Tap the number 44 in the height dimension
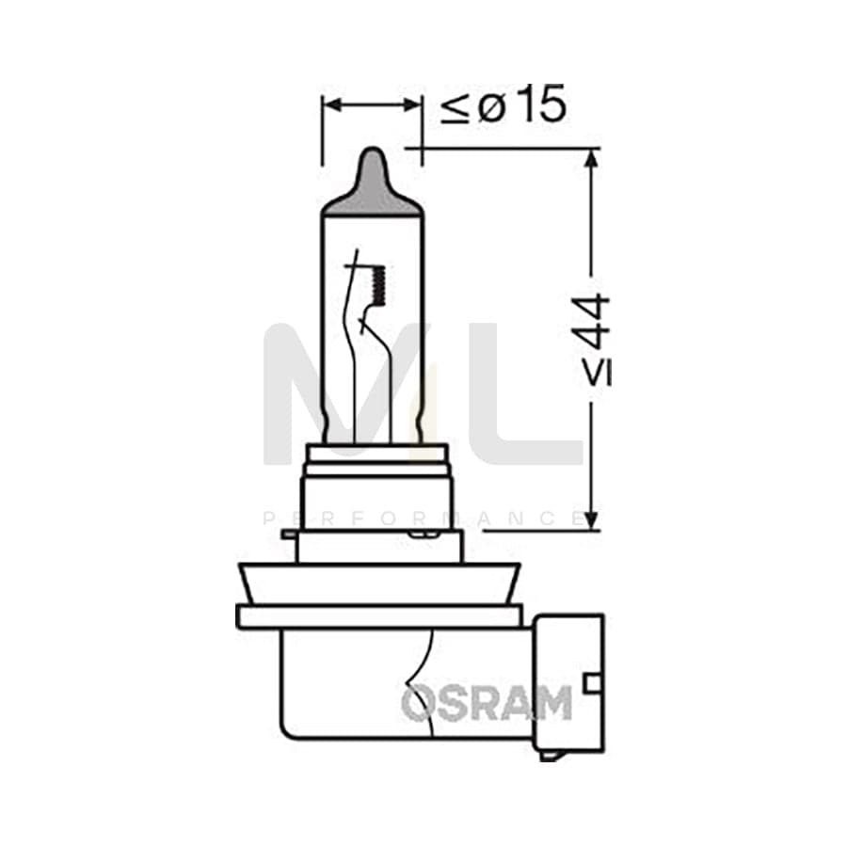pyautogui.click(x=592, y=325)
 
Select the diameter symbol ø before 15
pyautogui.click(x=491, y=107)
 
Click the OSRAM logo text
pyautogui.click(x=487, y=703)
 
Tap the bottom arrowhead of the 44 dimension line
pyautogui.click(x=590, y=519)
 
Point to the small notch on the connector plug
pyautogui.click(x=592, y=682)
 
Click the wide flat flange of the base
pyautogui.click(x=378, y=616)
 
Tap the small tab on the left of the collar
pyautogui.click(x=289, y=535)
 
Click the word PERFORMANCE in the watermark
pyautogui.click(x=423, y=519)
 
